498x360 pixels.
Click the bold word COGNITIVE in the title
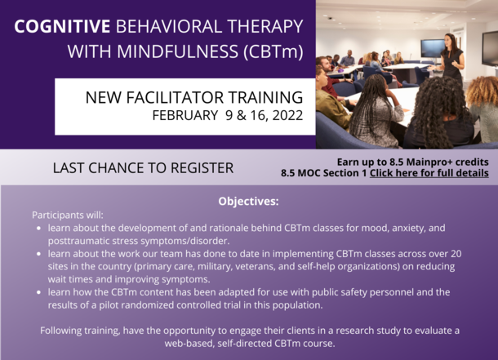[x=62, y=26]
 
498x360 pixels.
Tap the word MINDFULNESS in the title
[x=177, y=51]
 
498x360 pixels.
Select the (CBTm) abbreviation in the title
[x=273, y=52]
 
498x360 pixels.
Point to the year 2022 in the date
[x=287, y=115]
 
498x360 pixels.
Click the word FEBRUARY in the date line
[x=185, y=115]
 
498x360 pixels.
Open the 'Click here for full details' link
[x=429, y=173]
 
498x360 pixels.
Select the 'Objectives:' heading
[x=248, y=202]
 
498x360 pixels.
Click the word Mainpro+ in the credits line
[x=429, y=162]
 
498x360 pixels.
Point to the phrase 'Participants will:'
[x=68, y=215]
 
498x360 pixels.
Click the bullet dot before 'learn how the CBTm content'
[x=38, y=292]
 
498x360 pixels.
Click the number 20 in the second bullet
[x=456, y=254]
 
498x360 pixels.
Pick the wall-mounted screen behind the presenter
[x=434, y=49]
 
